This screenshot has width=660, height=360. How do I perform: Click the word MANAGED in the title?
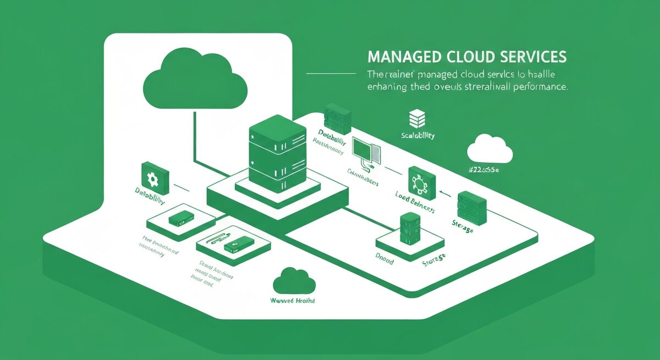(x=395, y=57)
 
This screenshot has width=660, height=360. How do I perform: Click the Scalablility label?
(x=418, y=135)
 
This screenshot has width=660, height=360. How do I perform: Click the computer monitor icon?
(x=364, y=149)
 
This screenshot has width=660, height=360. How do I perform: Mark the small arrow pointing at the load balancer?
(x=446, y=193)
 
